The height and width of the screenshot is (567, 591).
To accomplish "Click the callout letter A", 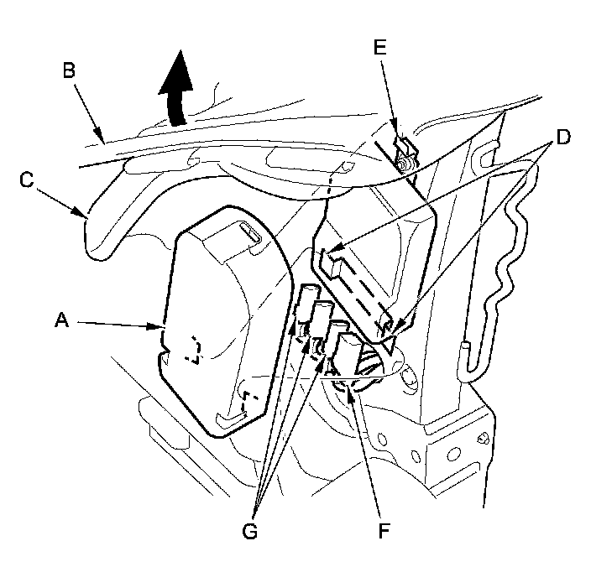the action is click(x=62, y=320).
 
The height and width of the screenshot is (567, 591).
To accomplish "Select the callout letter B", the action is click(x=69, y=70).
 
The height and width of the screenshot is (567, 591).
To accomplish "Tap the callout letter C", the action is click(x=27, y=180).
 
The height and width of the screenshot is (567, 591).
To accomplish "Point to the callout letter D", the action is click(x=563, y=137).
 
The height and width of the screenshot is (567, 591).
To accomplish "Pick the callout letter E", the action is click(x=380, y=48).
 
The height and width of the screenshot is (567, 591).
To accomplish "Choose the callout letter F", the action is click(x=383, y=531).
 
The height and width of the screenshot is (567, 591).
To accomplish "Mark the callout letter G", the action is click(x=250, y=532).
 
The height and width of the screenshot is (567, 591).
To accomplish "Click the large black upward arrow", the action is click(x=176, y=88).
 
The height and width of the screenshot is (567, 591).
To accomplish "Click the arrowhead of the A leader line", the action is click(x=158, y=326).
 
